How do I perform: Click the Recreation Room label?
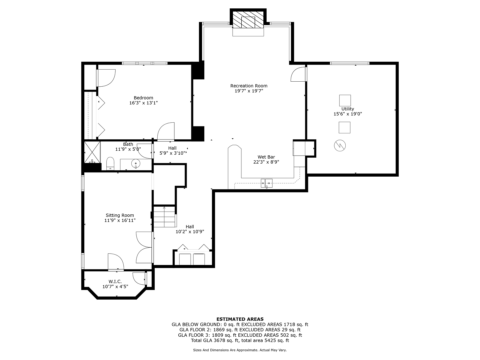click(249, 86)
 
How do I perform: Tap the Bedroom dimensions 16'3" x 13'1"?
click(143, 103)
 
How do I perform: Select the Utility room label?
click(348, 109)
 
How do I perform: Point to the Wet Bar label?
click(266, 157)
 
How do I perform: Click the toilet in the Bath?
click(110, 163)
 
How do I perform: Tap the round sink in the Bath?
click(136, 163)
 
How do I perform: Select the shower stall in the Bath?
click(92, 152)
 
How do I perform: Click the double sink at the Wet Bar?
click(267, 183)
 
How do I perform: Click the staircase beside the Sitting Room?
click(164, 217)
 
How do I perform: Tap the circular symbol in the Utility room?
click(340, 146)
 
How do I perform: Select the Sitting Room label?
click(120, 215)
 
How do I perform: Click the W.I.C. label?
click(115, 282)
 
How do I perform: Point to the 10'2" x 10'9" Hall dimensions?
click(190, 232)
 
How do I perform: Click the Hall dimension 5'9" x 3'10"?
click(173, 153)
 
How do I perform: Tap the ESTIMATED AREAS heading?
click(240, 319)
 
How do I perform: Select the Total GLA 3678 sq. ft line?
click(240, 340)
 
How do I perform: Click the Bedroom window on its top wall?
click(145, 63)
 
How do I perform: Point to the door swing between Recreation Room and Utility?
click(298, 74)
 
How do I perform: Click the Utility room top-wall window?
click(349, 63)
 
